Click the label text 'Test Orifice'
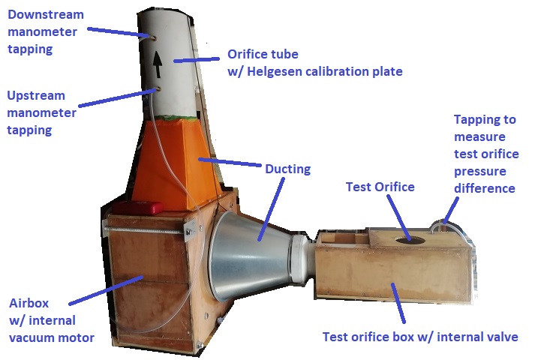pos(380,187)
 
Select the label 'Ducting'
pos(288,169)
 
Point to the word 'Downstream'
pos(47,14)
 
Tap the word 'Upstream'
pos(36,96)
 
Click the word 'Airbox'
pos(30,304)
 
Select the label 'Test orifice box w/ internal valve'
pos(420,337)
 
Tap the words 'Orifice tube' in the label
pos(263,55)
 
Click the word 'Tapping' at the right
pos(484,119)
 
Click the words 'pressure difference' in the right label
pos(484,179)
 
